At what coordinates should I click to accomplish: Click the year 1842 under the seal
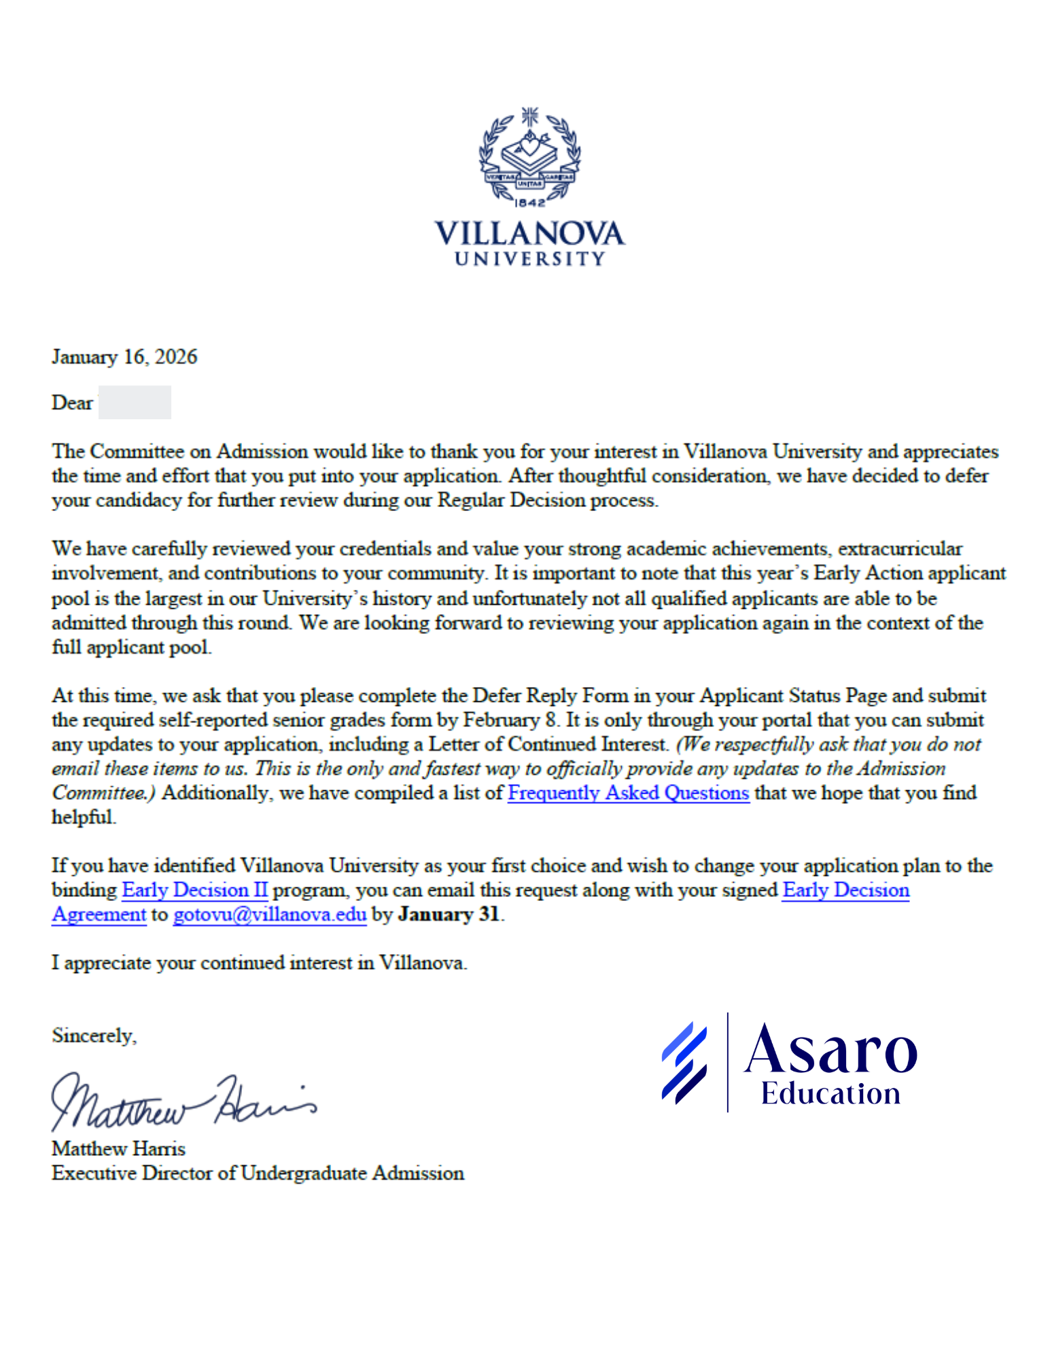529,202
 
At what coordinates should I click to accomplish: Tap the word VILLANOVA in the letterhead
529,234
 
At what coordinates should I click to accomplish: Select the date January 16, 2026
124,357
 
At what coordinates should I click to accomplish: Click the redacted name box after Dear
135,402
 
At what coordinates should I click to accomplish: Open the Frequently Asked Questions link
628,793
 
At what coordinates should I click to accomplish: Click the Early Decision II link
194,890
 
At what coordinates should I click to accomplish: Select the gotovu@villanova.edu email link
270,915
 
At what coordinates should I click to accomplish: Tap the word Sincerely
94,1036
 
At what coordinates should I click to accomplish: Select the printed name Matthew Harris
118,1148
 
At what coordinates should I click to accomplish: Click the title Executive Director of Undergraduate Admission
258,1173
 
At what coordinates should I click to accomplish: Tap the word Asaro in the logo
830,1050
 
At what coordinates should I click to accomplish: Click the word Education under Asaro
830,1093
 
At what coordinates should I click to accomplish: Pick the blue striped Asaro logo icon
684,1062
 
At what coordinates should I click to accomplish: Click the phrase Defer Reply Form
550,696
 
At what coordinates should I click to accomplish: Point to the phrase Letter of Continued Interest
547,745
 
